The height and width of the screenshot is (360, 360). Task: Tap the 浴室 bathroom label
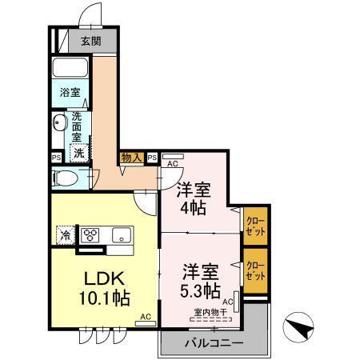pyautogui.click(x=70, y=93)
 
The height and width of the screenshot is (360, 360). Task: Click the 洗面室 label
pyautogui.click(x=78, y=126)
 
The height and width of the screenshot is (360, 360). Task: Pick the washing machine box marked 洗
pyautogui.click(x=79, y=152)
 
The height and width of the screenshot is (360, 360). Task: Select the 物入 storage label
pyautogui.click(x=132, y=158)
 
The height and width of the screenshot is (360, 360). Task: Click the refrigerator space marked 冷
pyautogui.click(x=63, y=235)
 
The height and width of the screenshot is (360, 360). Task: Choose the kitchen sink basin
pyautogui.click(x=122, y=236)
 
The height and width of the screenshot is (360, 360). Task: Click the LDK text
pyautogui.click(x=103, y=280)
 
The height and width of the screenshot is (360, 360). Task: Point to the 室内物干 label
pyautogui.click(x=210, y=311)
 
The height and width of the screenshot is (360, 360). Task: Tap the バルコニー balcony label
pyautogui.click(x=213, y=342)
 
